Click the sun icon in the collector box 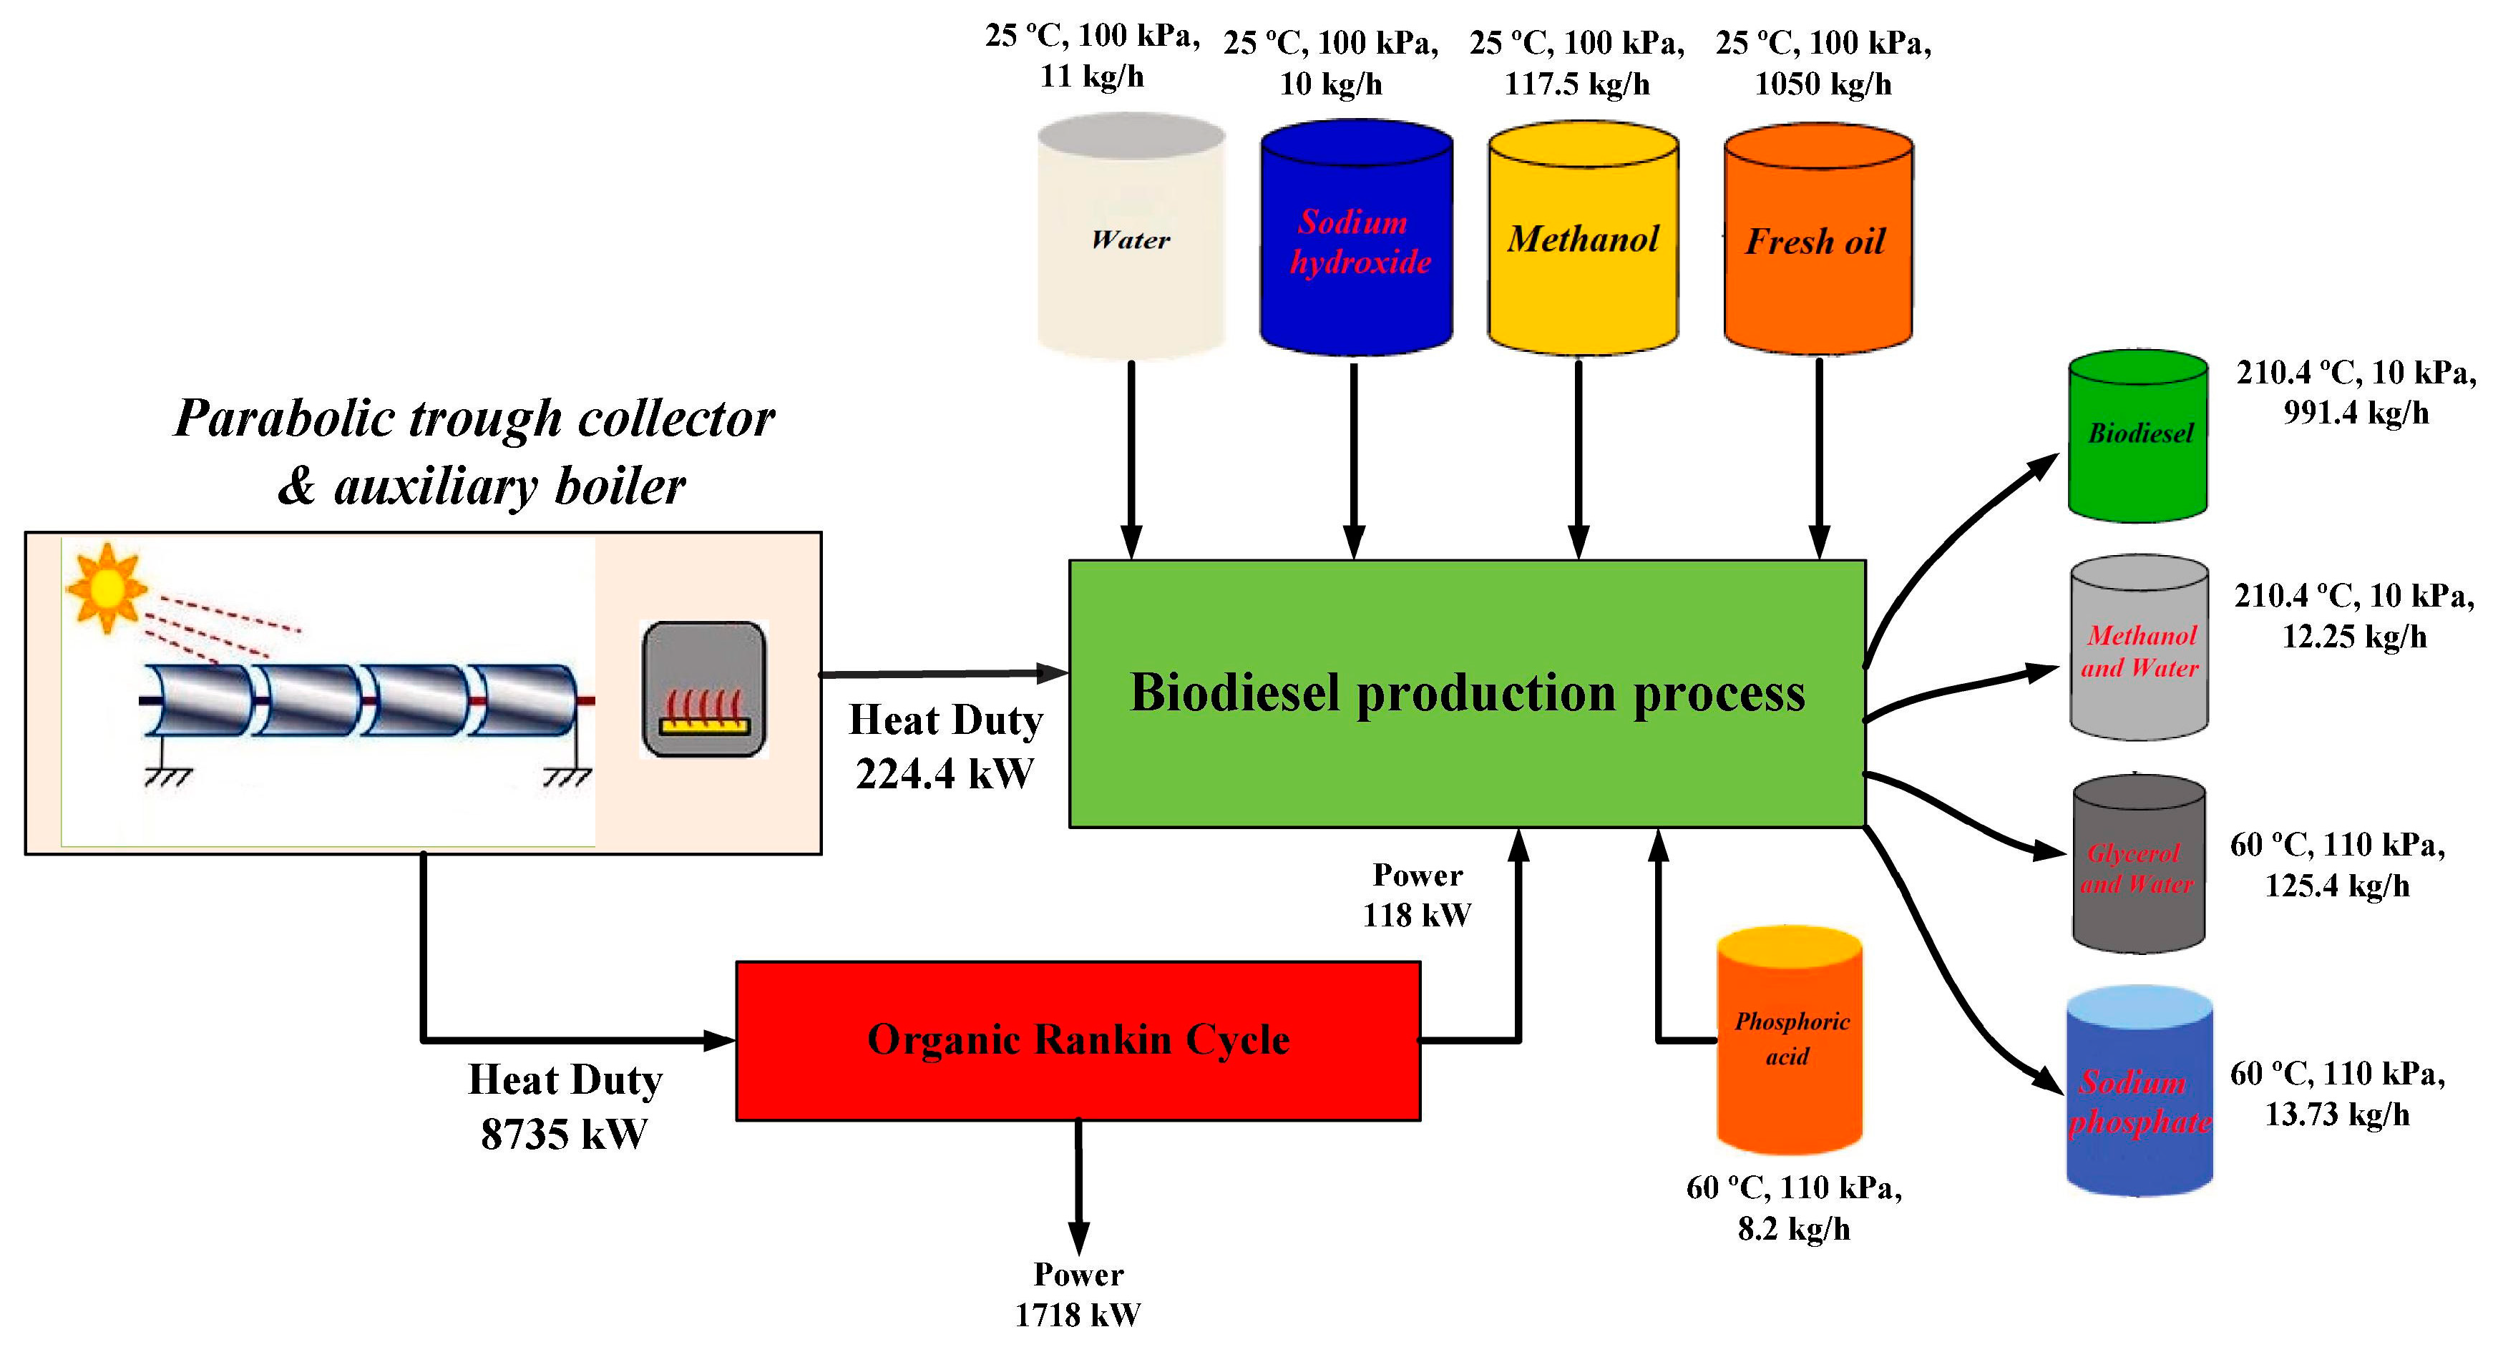pyautogui.click(x=107, y=587)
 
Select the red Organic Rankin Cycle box pyautogui.click(x=1078, y=1040)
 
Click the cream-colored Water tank pyautogui.click(x=1131, y=238)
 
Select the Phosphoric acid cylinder pyautogui.click(x=1789, y=1040)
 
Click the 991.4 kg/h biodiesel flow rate pyautogui.click(x=2356, y=413)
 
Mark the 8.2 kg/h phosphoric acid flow pyautogui.click(x=1793, y=1229)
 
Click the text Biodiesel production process pyautogui.click(x=1466, y=693)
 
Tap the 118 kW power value pyautogui.click(x=1416, y=914)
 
